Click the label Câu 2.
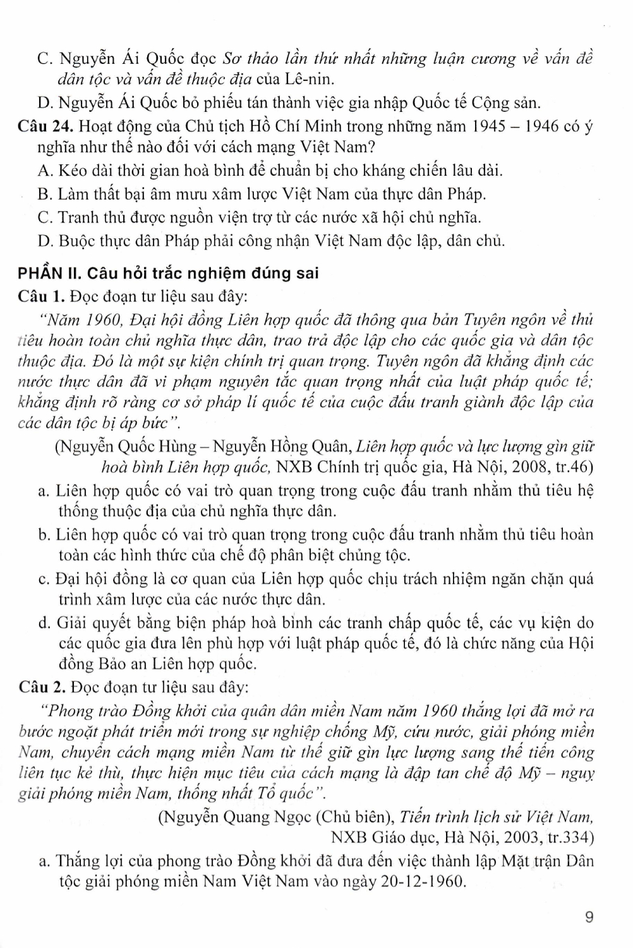pos(42,686)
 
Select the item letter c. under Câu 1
pos(44,578)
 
